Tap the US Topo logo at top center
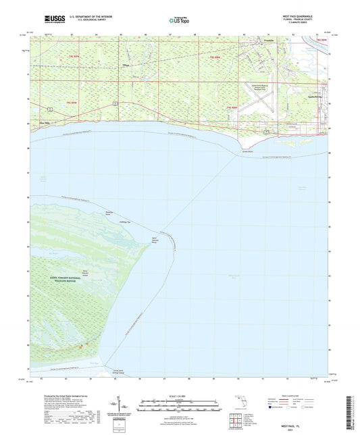tap(180, 21)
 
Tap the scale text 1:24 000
tap(180, 394)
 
